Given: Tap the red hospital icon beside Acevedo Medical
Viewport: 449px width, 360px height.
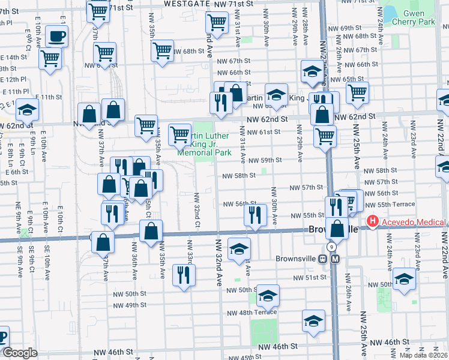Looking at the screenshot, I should point(373,222).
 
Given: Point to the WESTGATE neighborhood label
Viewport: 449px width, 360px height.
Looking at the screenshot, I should point(181,4).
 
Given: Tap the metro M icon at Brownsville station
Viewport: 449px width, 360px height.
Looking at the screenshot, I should point(335,259).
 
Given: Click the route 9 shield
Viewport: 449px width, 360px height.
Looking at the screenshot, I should point(331,247).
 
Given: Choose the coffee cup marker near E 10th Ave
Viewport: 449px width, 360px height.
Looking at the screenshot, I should point(56,37).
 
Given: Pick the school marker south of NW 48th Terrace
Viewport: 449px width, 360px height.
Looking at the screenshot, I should point(313,322).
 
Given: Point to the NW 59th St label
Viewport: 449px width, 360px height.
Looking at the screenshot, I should point(265,160).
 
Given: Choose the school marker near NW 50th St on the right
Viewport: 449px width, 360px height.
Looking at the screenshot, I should point(404,281).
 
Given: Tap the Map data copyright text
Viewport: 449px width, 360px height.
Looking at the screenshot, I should point(424,355).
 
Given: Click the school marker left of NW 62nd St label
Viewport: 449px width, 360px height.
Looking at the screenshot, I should point(276,95).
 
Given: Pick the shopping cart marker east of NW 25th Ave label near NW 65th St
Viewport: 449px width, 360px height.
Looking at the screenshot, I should point(357,92).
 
